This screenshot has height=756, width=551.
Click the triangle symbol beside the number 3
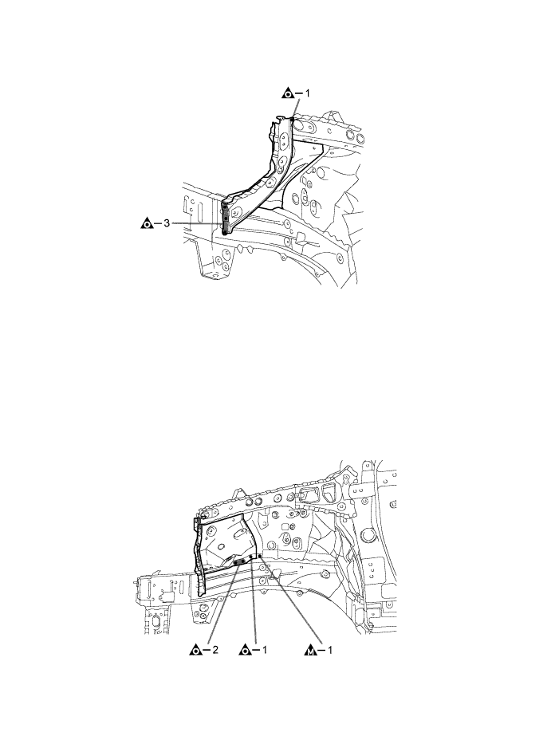pos(147,224)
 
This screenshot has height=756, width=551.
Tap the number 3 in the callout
pos(166,224)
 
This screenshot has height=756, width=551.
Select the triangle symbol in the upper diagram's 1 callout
pos(289,93)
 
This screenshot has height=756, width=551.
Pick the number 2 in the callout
pos(214,651)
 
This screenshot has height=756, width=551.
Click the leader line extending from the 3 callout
pos(195,224)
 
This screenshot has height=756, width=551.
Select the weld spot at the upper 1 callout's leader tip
pos(293,119)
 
